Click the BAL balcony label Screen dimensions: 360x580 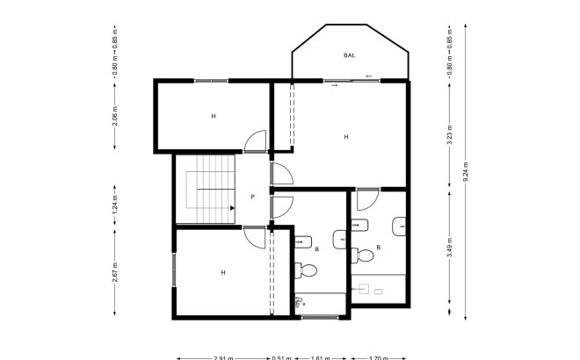(x=350, y=55)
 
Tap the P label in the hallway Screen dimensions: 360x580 (x=252, y=197)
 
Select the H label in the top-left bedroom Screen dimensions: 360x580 (x=213, y=116)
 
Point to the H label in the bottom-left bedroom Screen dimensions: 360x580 (x=222, y=272)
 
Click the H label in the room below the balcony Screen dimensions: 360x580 (x=346, y=137)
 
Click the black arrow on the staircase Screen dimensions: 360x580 (x=231, y=208)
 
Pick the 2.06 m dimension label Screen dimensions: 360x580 (x=115, y=115)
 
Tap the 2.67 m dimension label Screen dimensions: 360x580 (x=115, y=271)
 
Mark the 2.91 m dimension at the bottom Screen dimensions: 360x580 (x=223, y=357)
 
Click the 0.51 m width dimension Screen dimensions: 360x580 (x=280, y=357)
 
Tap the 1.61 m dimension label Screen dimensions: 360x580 (x=321, y=357)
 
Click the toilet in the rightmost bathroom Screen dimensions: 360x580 (x=363, y=256)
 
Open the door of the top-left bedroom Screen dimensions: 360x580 (x=254, y=140)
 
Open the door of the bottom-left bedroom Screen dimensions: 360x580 (x=252, y=237)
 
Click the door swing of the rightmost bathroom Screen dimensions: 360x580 (x=367, y=201)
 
